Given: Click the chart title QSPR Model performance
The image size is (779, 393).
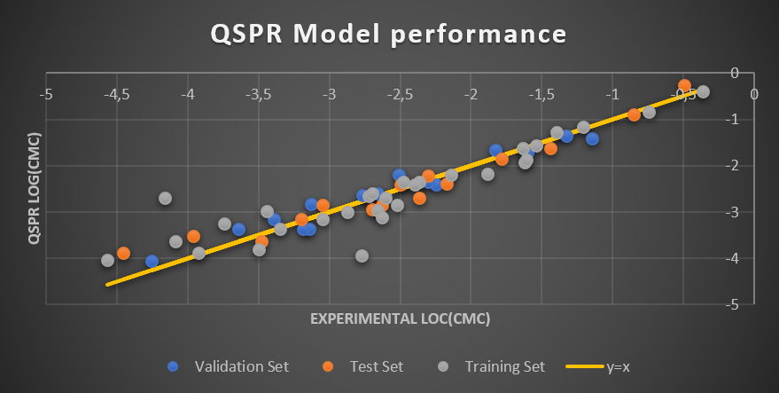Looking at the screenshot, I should pyautogui.click(x=388, y=35).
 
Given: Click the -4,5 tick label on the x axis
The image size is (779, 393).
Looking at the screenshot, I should pyautogui.click(x=117, y=93).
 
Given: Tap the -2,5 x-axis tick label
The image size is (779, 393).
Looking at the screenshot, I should pyautogui.click(x=401, y=93).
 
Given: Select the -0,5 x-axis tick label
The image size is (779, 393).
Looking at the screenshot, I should pyautogui.click(x=684, y=93).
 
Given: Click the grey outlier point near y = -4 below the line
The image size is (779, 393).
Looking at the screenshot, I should pyautogui.click(x=362, y=255).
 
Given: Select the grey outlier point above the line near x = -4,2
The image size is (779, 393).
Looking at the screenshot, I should pyautogui.click(x=166, y=198).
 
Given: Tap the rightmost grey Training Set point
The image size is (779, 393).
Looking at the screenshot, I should pyautogui.click(x=703, y=91).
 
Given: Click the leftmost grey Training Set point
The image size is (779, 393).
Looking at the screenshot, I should pyautogui.click(x=108, y=260).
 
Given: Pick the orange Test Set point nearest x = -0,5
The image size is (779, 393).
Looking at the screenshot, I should pyautogui.click(x=684, y=85).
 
